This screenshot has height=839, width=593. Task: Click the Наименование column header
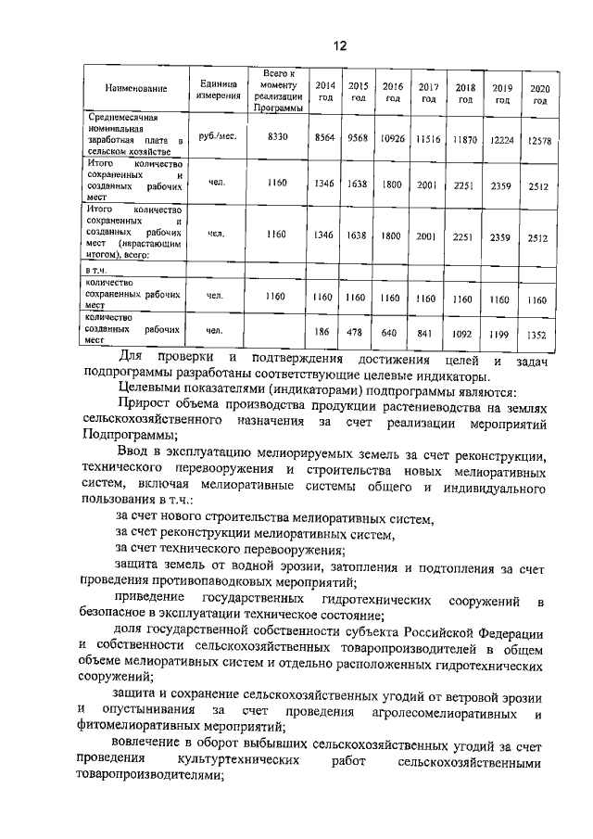coord(135,89)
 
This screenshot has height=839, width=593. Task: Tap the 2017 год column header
coord(427,92)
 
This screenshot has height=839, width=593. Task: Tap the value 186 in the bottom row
coord(322,330)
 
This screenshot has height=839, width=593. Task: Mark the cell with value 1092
coord(463,333)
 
